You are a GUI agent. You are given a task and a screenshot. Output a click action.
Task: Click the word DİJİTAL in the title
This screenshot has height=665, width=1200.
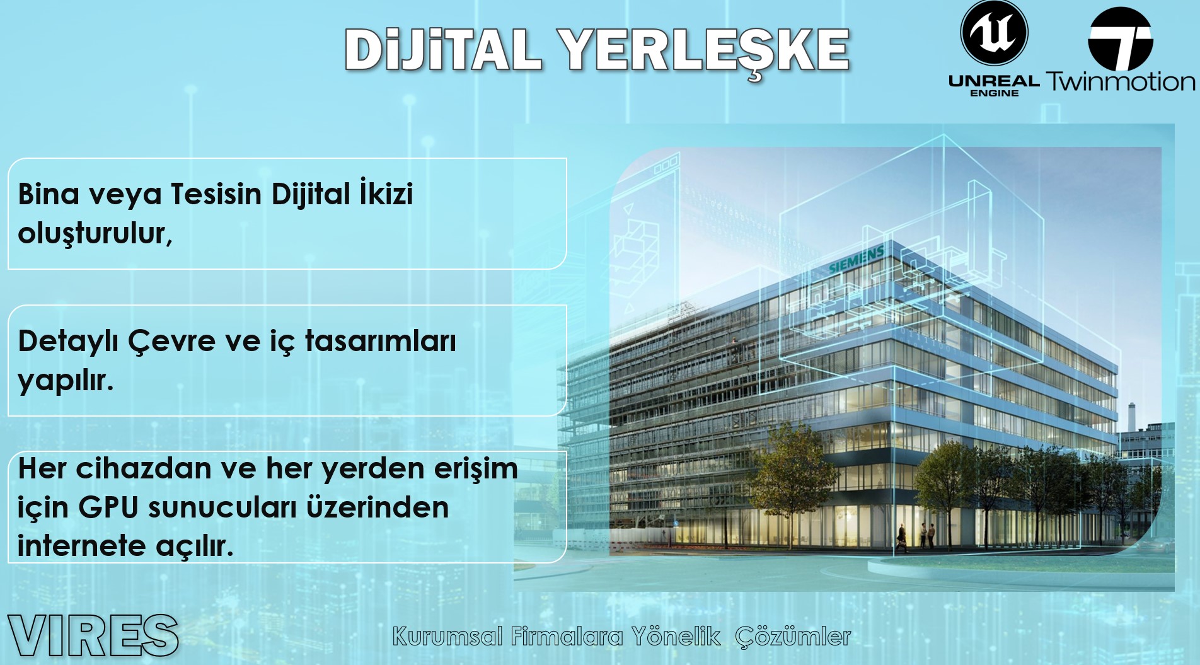[x=443, y=50]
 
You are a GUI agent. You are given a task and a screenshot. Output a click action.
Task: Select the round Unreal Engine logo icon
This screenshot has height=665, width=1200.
[x=994, y=33]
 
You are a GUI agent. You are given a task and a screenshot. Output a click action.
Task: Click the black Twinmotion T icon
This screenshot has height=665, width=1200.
[x=1121, y=39]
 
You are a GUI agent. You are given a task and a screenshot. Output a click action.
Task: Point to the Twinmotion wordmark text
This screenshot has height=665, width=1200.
[x=1121, y=82]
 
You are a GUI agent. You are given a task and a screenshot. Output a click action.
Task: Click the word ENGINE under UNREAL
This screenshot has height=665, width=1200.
[x=994, y=93]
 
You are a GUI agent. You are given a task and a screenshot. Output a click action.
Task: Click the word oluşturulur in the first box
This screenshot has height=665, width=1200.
[x=95, y=234]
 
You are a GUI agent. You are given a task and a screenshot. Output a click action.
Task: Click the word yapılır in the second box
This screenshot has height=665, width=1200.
[x=66, y=381]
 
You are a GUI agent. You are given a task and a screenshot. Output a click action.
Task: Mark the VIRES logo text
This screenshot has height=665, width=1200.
[x=93, y=636]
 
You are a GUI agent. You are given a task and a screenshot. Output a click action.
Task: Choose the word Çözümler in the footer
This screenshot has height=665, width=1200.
[x=793, y=637]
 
